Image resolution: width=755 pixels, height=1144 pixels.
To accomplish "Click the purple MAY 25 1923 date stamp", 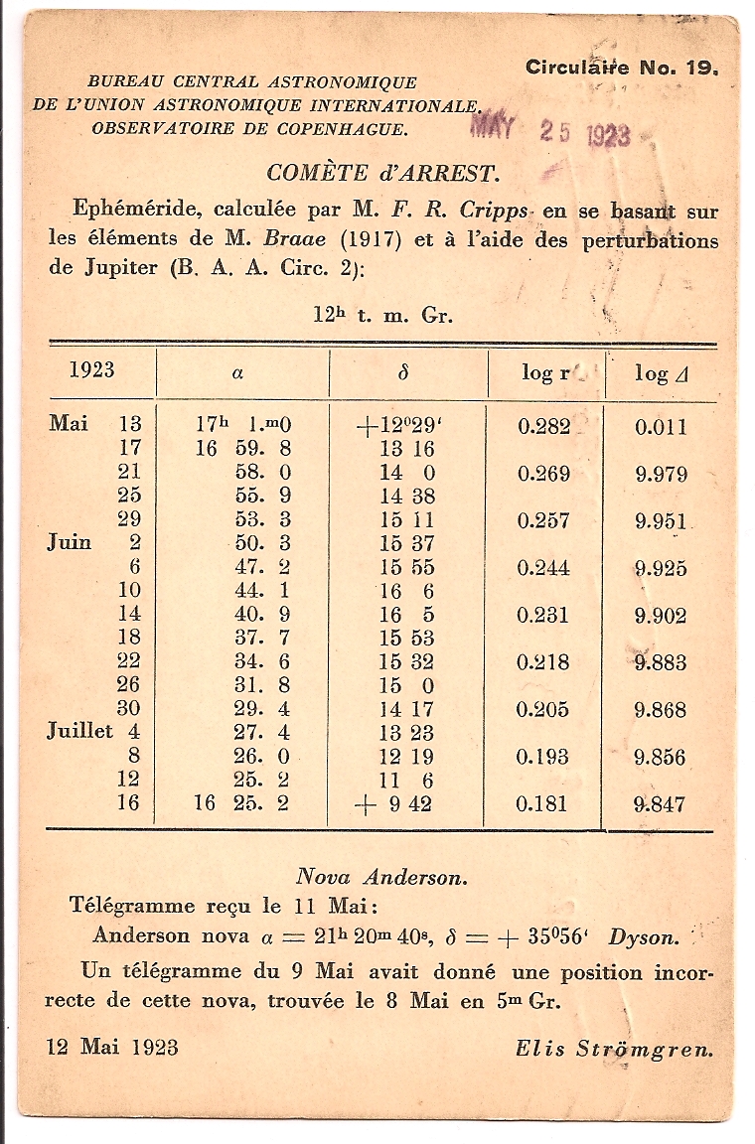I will [x=550, y=132].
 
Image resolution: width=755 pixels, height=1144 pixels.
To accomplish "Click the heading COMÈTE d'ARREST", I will [x=382, y=173].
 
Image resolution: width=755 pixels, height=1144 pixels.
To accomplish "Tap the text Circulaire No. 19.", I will [x=621, y=69].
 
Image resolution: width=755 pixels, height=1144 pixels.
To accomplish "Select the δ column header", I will [x=402, y=372].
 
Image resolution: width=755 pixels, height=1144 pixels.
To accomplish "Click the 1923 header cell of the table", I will [x=92, y=370].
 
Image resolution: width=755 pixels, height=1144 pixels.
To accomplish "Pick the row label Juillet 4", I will [x=94, y=733].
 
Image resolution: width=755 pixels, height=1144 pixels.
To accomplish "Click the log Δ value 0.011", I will [x=661, y=427].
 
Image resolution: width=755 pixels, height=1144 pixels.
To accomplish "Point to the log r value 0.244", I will [x=544, y=568].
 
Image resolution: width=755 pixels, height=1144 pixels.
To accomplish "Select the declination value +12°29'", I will [x=397, y=426].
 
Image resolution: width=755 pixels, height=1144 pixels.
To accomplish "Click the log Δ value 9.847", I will [x=660, y=804].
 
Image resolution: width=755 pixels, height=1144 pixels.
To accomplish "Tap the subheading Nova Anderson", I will [x=381, y=877].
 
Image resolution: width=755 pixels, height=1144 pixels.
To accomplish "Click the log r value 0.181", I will [x=544, y=803].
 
